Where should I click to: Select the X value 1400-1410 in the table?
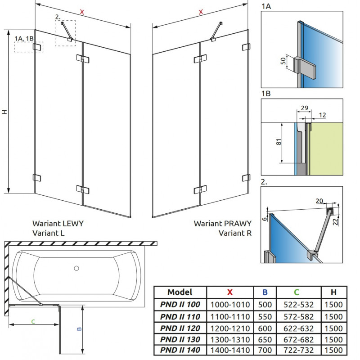229,350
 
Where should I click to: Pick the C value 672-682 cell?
298,338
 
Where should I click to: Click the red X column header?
229,292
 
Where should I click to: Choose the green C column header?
298,292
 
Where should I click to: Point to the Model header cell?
180,292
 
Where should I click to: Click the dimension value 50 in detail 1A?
283,61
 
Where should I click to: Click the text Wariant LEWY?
58,223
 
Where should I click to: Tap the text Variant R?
235,233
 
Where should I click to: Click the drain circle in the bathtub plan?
76,269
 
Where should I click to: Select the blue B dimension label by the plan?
79,328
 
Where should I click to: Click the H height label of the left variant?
4,112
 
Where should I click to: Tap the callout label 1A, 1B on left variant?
23,38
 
